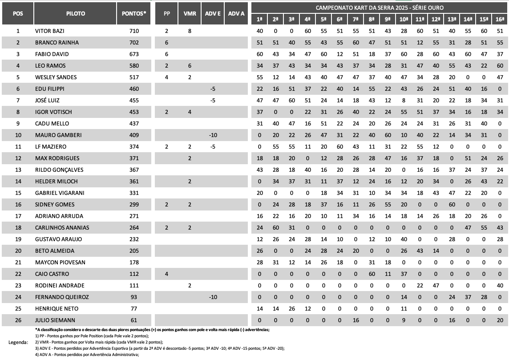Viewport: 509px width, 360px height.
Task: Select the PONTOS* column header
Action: point(134,13)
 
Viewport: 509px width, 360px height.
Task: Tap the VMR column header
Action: point(190,13)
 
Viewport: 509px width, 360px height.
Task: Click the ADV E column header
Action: point(213,13)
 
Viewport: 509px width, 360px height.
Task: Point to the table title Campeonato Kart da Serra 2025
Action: point(379,8)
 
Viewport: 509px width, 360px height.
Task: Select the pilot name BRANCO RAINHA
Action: point(57,43)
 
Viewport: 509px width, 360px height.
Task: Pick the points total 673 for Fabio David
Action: point(134,54)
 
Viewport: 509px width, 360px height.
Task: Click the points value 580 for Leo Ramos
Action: point(134,66)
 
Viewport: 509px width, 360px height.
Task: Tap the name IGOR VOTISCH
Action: point(53,112)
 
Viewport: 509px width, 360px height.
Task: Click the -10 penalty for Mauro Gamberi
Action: point(213,135)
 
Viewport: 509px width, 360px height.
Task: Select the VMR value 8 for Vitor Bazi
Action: point(190,31)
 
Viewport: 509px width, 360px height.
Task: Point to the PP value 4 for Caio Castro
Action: point(166,274)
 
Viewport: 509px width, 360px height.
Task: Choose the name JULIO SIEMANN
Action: point(55,320)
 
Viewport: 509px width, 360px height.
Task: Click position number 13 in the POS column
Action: point(18,170)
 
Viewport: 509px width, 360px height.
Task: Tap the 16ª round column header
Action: point(500,19)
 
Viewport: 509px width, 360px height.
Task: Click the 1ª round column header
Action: point(260,19)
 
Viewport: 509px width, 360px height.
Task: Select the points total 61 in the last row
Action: point(134,320)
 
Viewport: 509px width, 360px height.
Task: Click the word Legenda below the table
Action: point(18,342)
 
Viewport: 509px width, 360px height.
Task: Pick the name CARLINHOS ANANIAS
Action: point(62,228)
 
